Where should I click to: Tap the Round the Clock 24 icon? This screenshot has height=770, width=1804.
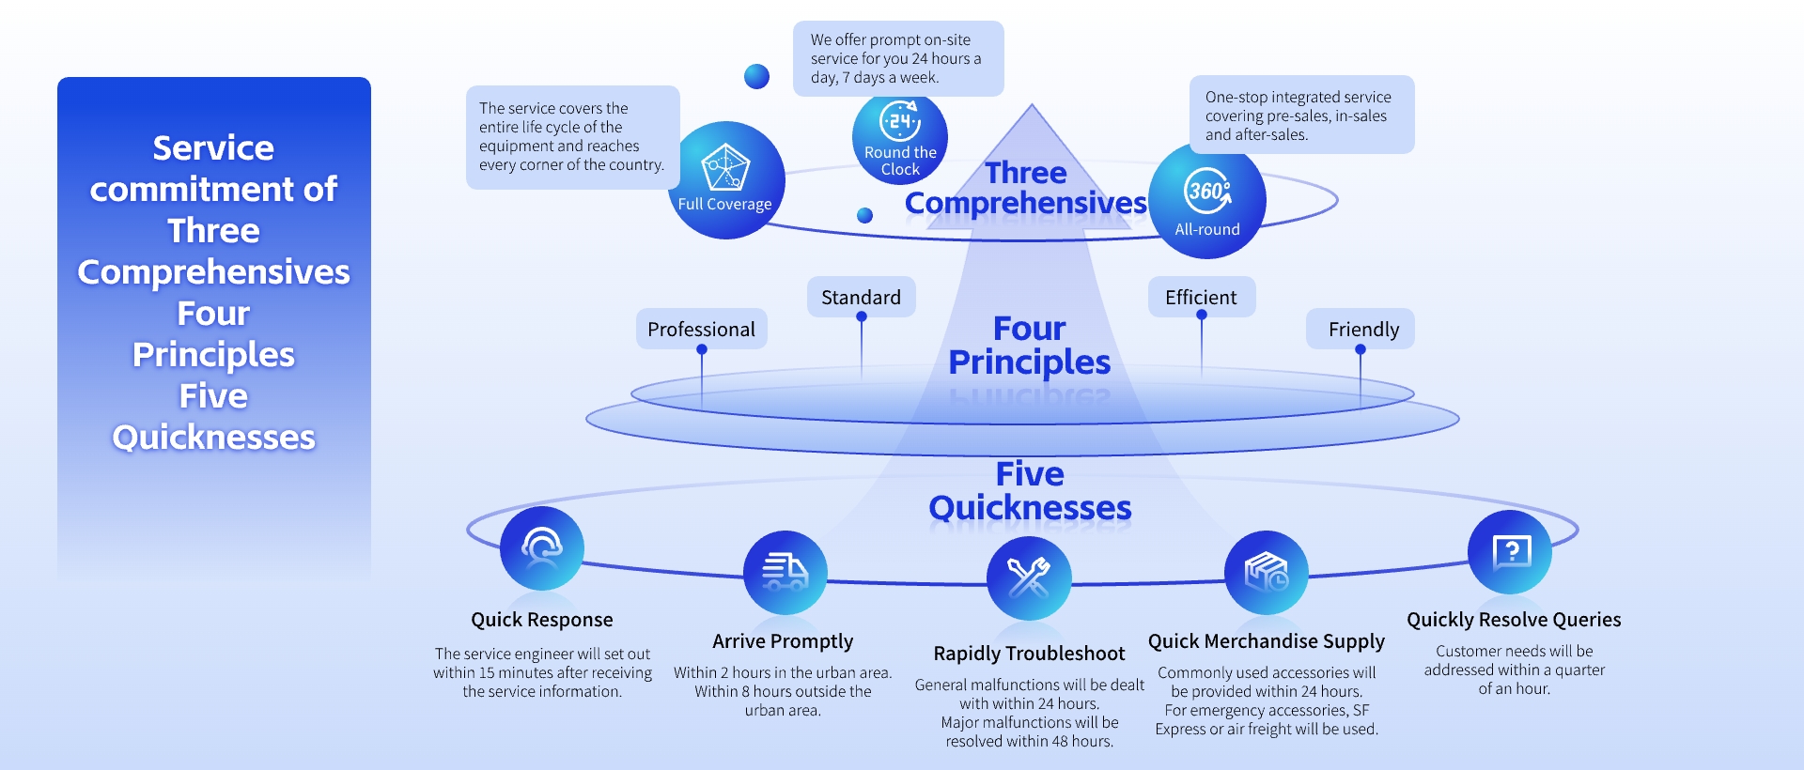click(900, 122)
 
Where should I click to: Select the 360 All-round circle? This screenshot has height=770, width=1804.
click(1207, 200)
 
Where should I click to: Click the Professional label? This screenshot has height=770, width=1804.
click(701, 330)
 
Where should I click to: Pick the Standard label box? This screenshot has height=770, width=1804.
click(861, 298)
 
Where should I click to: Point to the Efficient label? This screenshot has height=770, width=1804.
click(1201, 298)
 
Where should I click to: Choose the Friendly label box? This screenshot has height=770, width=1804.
click(1362, 330)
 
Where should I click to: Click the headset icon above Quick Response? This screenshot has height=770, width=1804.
click(542, 548)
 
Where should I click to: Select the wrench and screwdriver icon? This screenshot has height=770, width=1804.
click(1029, 577)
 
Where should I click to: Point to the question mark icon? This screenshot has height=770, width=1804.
click(1510, 552)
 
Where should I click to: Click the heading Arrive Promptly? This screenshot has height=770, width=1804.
click(783, 641)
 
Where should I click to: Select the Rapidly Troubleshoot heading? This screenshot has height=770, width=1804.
click(1029, 654)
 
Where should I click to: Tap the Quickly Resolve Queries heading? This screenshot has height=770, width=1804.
click(1514, 620)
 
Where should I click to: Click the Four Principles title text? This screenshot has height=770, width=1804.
click(1029, 346)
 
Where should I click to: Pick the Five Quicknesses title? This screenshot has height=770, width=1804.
click(1030, 491)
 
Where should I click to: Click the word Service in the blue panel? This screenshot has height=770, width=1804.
click(213, 148)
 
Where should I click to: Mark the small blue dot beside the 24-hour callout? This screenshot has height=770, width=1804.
click(756, 76)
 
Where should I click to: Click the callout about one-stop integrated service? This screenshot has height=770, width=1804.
click(1300, 115)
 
